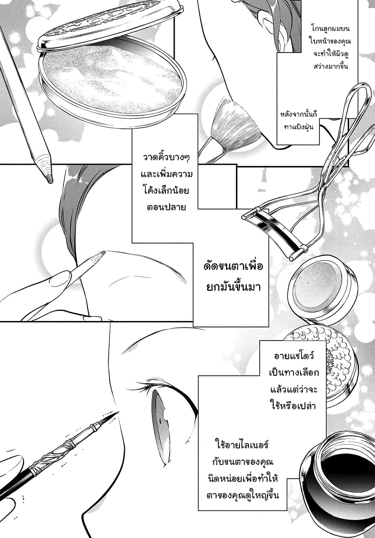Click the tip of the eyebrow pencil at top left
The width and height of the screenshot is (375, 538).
click(x=50, y=181)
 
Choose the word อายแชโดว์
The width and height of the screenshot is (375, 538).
click(x=294, y=356)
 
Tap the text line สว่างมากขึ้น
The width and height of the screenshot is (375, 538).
click(x=331, y=66)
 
